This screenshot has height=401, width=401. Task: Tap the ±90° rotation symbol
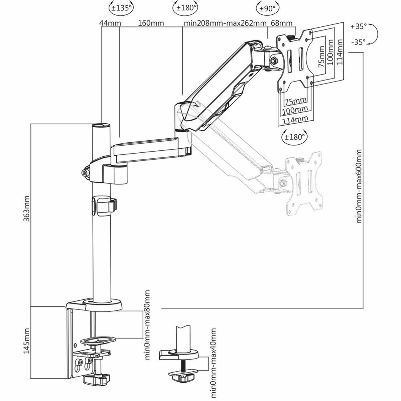coord(268,8)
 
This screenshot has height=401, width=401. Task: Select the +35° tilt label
coord(359,26)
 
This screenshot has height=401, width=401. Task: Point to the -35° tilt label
coord(359,42)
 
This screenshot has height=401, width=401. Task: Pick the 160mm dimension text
coord(150,23)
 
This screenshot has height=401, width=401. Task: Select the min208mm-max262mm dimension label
coord(225,23)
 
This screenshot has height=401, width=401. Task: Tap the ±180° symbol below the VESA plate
coord(294,136)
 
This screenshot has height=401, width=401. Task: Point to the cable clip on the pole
coord(103,206)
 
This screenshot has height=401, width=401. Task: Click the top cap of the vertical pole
coord(101,126)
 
